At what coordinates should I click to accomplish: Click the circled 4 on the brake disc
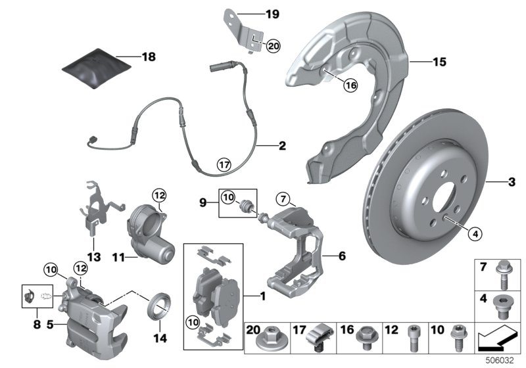475,231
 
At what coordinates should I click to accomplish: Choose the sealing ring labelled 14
158,306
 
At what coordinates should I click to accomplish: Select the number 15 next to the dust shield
439,62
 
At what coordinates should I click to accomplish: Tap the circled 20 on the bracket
274,45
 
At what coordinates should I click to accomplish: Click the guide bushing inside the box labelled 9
249,203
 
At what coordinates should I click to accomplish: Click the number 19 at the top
272,13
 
